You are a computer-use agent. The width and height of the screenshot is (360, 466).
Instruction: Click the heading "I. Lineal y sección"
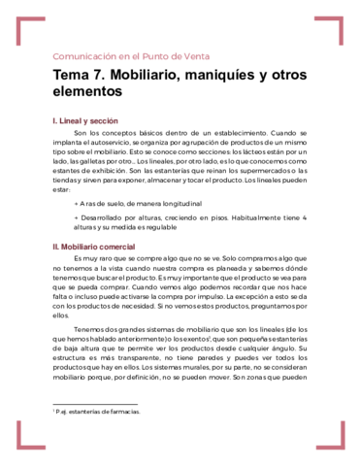tap(91, 119)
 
